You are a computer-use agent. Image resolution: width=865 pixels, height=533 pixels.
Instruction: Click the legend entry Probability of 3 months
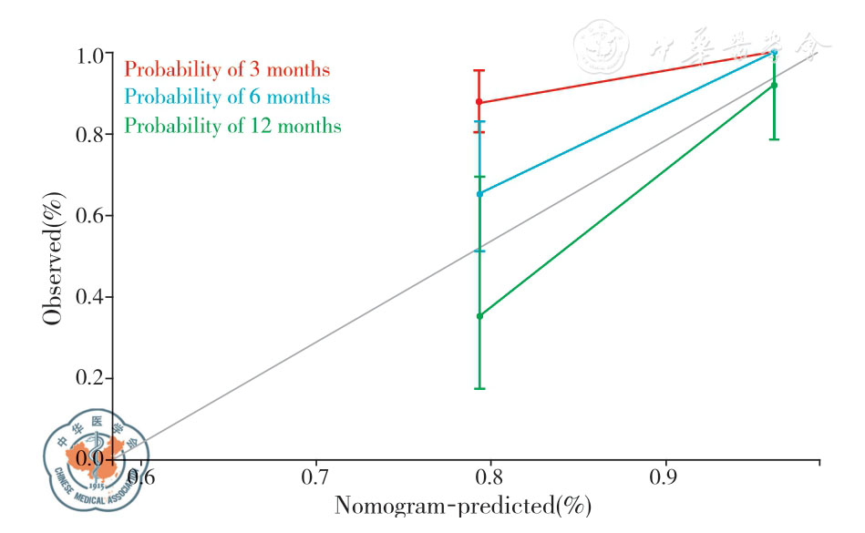(x=227, y=69)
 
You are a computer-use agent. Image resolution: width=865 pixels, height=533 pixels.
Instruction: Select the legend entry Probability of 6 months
(x=227, y=97)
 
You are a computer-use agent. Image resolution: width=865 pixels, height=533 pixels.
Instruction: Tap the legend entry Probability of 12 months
(x=232, y=126)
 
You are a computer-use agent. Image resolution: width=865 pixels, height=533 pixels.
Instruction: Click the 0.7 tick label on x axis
(x=315, y=476)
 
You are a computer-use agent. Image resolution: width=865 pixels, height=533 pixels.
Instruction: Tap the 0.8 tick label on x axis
(x=490, y=476)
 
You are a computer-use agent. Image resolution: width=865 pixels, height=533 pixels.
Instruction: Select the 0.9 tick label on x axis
(x=664, y=476)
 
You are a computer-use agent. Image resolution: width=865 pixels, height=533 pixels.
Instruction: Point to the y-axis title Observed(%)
(x=53, y=258)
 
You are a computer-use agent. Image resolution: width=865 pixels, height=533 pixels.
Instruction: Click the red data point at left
(x=479, y=102)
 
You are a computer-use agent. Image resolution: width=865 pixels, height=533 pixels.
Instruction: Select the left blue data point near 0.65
(x=479, y=193)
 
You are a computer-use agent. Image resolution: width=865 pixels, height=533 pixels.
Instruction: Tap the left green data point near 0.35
(x=479, y=316)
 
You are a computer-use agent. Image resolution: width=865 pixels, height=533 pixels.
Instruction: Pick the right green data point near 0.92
(x=774, y=86)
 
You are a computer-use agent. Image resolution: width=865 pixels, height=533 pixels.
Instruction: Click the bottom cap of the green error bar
(x=479, y=389)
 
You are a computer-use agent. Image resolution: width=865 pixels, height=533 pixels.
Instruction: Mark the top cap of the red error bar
(x=479, y=70)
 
